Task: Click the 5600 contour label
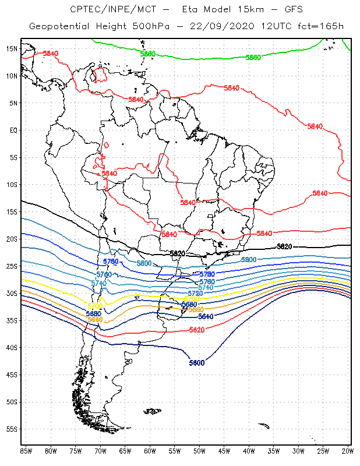197,363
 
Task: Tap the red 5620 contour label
197,330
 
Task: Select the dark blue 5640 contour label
206,316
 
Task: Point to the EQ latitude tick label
13,130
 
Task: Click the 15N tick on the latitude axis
12,48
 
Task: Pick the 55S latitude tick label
12,429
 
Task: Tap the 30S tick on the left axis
12,293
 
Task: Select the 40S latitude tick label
12,347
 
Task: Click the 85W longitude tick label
26,450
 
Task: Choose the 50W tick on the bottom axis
200,450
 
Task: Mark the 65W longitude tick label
125,450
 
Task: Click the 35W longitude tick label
274,450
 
